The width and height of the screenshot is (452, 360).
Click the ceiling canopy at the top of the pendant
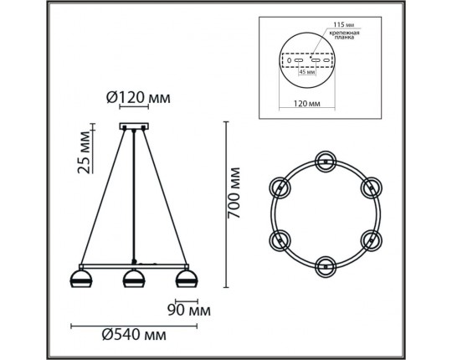[x=131, y=128]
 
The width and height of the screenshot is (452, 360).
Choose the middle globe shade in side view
[x=131, y=279]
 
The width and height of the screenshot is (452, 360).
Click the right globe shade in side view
[x=183, y=279]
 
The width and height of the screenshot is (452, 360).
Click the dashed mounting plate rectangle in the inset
[x=307, y=61]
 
